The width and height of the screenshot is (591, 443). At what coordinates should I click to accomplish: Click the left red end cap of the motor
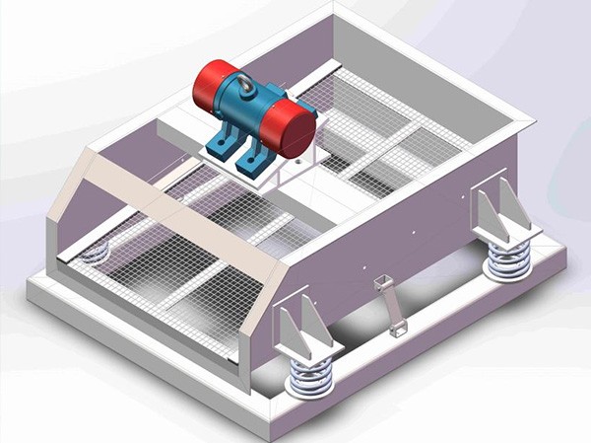211,84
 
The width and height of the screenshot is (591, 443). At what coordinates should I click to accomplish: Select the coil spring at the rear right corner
509,259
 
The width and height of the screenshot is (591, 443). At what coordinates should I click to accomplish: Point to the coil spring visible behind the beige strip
95,254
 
